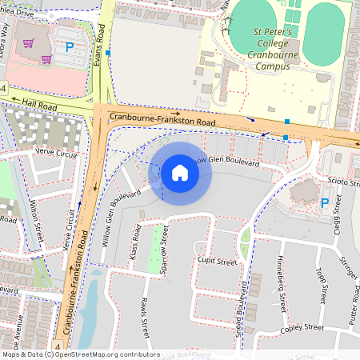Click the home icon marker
[x=180, y=173]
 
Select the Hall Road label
[x=41, y=103]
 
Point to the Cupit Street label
[x=216, y=262]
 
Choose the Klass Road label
[x=137, y=238]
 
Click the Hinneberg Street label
[x=280, y=283]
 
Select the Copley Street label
[x=302, y=328]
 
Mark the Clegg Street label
[x=338, y=214]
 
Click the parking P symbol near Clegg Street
[x=324, y=203]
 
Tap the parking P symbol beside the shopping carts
[x=69, y=47]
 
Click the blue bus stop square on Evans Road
[x=107, y=53]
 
